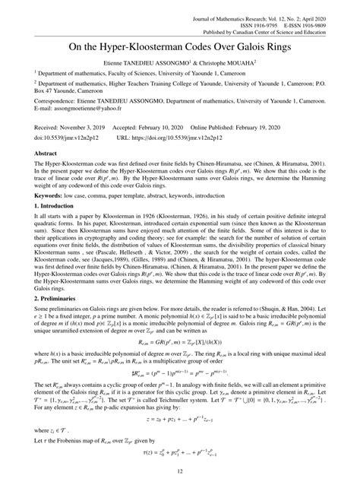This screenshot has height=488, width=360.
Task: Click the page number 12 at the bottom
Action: pyautogui.click(x=180, y=474)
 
